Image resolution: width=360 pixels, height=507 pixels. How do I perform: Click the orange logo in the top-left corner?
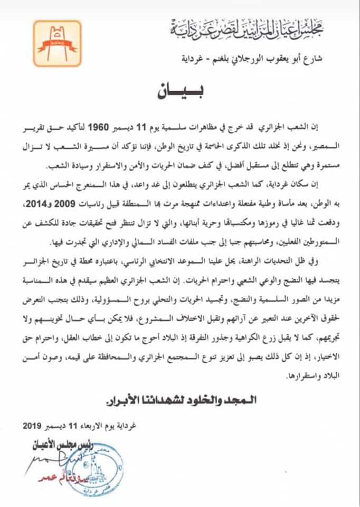coord(59,43)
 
